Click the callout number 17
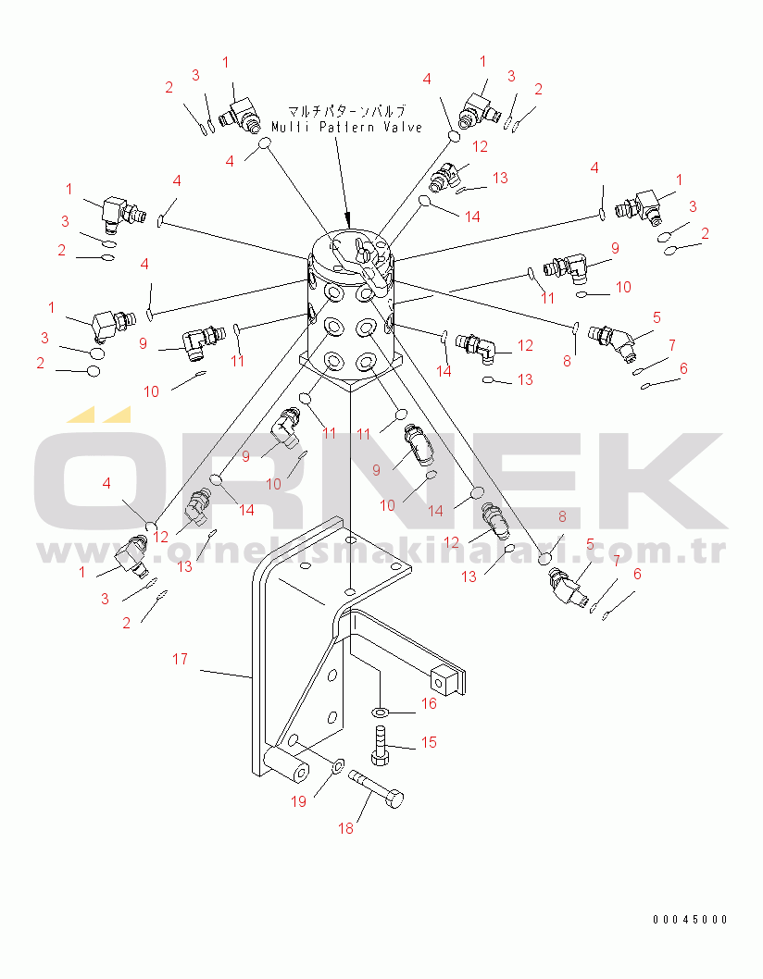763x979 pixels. click(180, 659)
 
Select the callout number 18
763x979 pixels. click(345, 828)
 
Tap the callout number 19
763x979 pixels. click(299, 801)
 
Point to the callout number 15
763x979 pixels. click(429, 742)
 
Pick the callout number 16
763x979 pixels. click(429, 703)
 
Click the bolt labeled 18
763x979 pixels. click(376, 789)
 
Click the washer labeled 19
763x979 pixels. click(337, 765)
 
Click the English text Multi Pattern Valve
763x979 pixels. click(347, 127)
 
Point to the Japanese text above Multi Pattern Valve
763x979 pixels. click(346, 112)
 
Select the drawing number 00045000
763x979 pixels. click(691, 919)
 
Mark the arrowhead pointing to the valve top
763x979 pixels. click(349, 220)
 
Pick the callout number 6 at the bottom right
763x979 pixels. click(637, 573)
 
